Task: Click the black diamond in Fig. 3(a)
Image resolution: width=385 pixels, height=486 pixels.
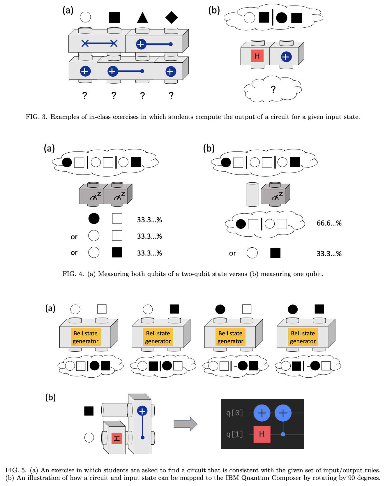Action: [172, 17]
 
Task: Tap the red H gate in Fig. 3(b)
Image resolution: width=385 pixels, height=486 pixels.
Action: [257, 56]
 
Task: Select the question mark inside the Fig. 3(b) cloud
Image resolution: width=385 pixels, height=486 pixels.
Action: [273, 89]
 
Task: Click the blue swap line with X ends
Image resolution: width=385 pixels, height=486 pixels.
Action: [99, 43]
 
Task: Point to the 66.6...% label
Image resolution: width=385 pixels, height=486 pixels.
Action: [329, 223]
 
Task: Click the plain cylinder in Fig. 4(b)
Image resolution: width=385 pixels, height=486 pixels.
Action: [252, 195]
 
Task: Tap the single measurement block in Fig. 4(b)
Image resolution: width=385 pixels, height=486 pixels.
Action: [275, 195]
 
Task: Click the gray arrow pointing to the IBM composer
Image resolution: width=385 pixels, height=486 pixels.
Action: [186, 424]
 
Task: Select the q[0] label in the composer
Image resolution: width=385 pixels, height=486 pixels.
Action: [234, 413]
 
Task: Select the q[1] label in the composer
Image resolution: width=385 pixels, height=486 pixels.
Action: [234, 434]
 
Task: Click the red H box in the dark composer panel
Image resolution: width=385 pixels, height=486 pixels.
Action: [262, 434]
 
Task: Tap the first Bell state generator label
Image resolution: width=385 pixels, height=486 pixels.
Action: [86, 337]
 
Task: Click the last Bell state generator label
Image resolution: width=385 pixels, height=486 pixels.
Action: [303, 337]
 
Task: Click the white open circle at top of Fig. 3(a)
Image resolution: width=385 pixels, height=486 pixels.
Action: [85, 17]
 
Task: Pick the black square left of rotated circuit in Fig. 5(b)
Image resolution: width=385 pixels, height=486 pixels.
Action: [89, 411]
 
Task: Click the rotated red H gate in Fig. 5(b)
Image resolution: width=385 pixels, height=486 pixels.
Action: [117, 439]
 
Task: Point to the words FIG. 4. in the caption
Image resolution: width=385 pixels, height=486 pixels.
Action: [73, 274]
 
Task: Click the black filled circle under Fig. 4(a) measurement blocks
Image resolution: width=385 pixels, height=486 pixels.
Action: [94, 219]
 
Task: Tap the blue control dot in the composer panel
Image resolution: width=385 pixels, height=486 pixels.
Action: [283, 434]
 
